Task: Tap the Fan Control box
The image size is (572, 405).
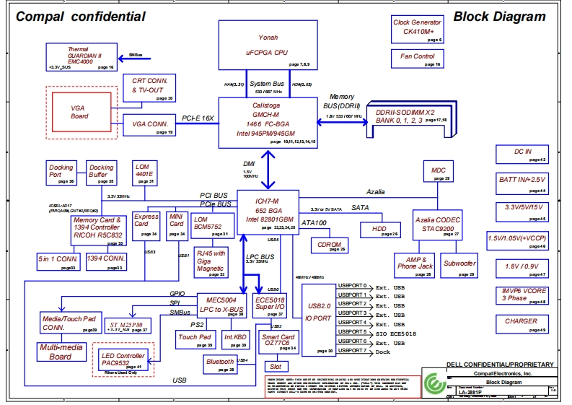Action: [417, 58]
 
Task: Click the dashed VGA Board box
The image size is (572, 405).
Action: [80, 111]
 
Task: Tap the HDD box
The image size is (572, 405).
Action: [379, 230]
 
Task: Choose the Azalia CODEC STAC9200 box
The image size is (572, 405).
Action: [437, 224]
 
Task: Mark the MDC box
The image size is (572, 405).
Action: [439, 172]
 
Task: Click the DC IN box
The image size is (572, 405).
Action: [522, 154]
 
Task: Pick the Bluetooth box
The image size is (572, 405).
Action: [221, 364]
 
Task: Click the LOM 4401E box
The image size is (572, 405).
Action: [145, 173]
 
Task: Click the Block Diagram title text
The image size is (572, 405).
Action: [499, 17]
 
